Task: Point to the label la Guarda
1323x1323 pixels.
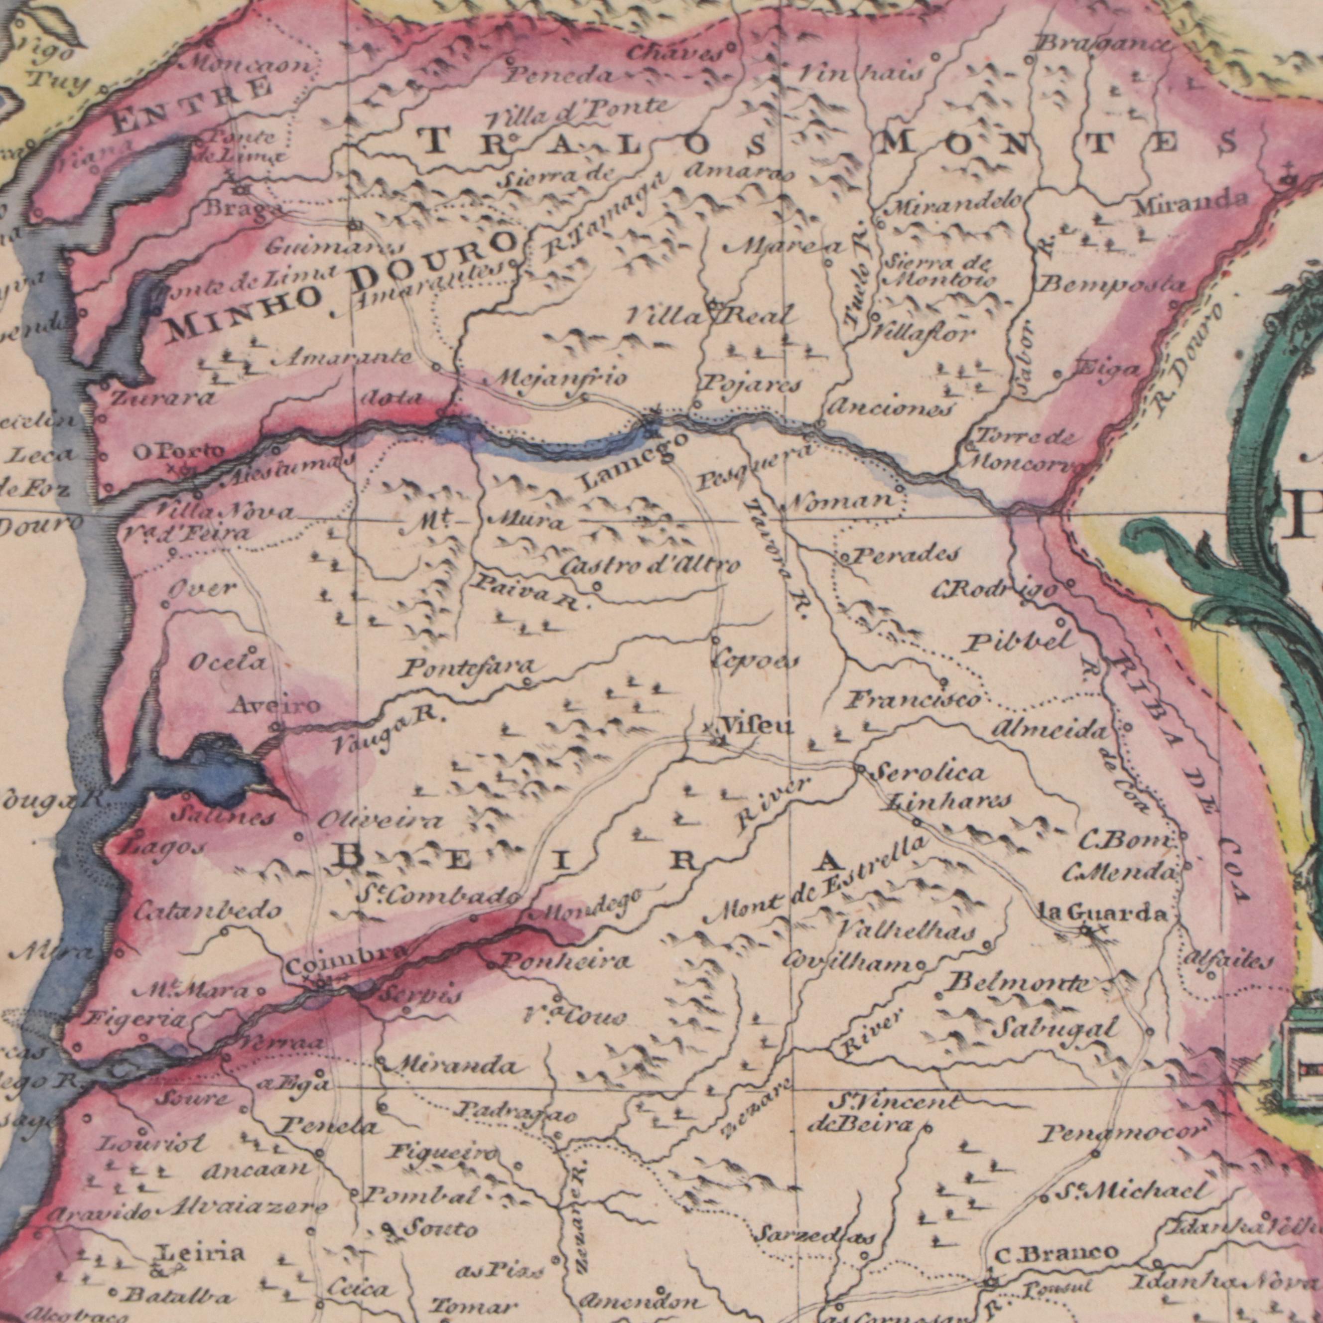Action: pos(1102,913)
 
